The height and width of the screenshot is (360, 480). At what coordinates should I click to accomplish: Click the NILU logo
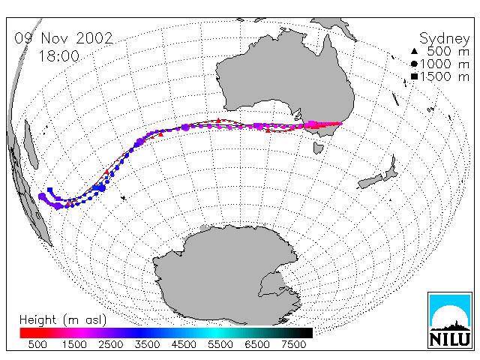tap(449, 320)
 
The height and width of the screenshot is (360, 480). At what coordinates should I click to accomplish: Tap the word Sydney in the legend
tap(444, 39)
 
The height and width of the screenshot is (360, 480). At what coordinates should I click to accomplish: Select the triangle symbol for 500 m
tap(414, 51)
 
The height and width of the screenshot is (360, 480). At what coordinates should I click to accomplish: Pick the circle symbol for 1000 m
tap(414, 64)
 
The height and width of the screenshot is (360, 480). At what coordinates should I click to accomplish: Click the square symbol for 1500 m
tap(414, 76)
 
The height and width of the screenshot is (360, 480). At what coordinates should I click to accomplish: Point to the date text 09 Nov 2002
tap(64, 38)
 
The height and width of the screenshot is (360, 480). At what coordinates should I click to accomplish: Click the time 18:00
tap(58, 56)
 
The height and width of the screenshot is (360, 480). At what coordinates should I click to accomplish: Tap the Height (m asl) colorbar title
tap(63, 320)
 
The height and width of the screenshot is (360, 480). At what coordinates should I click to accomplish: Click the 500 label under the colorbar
tap(37, 345)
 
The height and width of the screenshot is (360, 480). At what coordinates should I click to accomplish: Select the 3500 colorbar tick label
tap(147, 345)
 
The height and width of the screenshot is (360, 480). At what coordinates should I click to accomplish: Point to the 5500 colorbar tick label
tap(220, 345)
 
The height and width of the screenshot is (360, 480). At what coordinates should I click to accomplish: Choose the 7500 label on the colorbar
tap(293, 345)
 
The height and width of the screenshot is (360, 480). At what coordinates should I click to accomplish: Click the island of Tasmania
tap(318, 148)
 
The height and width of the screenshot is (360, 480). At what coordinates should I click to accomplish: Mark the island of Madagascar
tap(31, 145)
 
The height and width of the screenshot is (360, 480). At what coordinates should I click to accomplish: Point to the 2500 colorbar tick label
tap(110, 345)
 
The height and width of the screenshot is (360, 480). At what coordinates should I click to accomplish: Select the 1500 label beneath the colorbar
tap(74, 345)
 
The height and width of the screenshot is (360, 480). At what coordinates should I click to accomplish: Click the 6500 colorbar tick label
tap(257, 345)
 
